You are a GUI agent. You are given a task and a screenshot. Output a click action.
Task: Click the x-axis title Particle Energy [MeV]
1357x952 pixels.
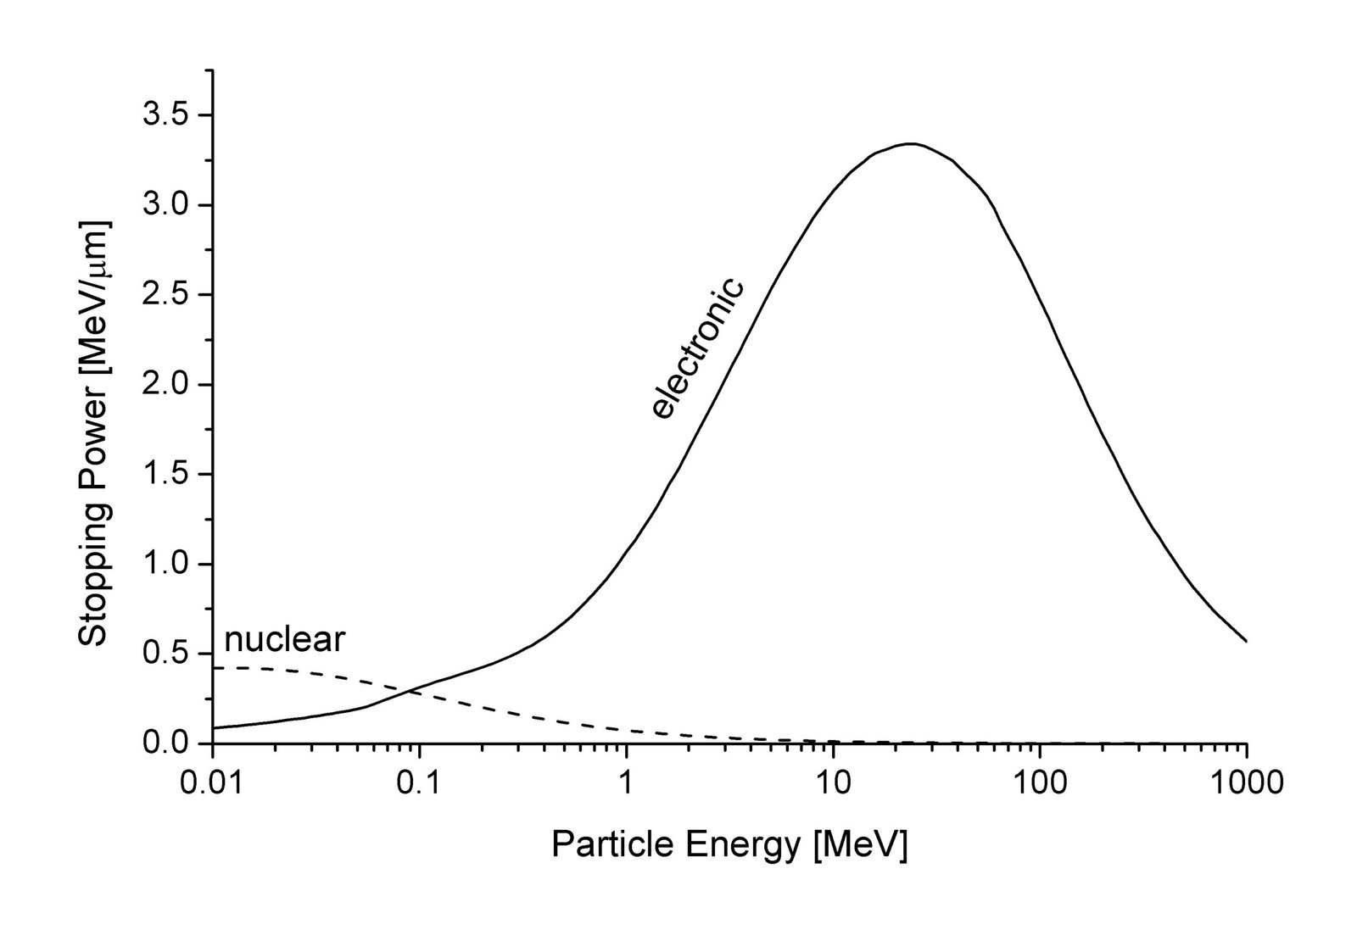tap(729, 845)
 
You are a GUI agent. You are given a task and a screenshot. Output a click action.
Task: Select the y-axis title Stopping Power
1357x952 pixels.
tap(94, 434)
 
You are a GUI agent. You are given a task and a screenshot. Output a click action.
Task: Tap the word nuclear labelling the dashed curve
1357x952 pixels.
tap(285, 639)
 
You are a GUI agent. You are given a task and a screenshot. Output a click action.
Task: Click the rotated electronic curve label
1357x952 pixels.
tap(697, 348)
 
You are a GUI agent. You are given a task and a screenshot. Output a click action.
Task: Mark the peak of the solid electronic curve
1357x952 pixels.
tap(911, 144)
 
